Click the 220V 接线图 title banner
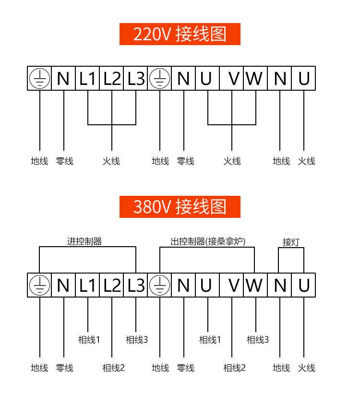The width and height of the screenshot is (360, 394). pos(180,34)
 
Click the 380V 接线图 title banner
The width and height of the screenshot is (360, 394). pos(180,207)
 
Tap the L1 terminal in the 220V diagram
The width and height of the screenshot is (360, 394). pos(88,78)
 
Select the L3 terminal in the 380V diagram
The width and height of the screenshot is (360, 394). pos(136,286)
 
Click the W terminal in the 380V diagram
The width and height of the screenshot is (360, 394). pos(254,286)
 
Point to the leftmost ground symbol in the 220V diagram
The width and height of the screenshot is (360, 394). pos(39,78)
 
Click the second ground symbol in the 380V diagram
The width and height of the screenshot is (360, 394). pos(159,286)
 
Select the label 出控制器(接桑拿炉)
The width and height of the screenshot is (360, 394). pos(208,241)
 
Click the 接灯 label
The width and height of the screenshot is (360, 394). pos(291,242)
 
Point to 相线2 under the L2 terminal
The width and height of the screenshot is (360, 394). pos(113,368)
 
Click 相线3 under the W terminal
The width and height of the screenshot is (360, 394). pos(258,340)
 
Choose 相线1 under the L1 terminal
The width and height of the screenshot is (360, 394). pos(89,340)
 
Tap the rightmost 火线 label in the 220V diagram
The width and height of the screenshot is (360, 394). pos(306,161)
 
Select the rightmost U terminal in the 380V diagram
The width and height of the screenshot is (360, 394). pos(304,286)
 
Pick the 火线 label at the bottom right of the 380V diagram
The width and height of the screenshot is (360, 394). pos(306,368)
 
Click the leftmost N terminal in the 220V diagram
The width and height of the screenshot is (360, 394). pos(63,78)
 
